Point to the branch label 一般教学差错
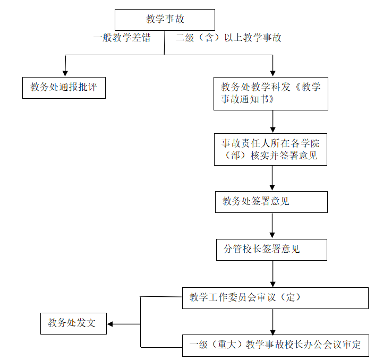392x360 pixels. pos(122,38)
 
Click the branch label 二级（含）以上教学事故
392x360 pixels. pos(228,38)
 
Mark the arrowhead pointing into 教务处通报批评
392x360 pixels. pos(65,73)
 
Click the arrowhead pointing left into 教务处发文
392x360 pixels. pos(110,324)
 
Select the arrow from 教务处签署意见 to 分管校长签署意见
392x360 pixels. pos(272,226)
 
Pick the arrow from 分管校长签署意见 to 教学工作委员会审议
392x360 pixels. pos(272,274)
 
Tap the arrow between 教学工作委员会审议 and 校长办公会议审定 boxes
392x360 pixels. pos(272,322)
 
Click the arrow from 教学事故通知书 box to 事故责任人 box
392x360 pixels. pos(272,122)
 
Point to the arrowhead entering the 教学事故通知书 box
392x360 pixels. pos(272,73)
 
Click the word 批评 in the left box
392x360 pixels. pos(88,87)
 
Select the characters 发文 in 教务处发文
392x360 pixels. pos(86,323)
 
